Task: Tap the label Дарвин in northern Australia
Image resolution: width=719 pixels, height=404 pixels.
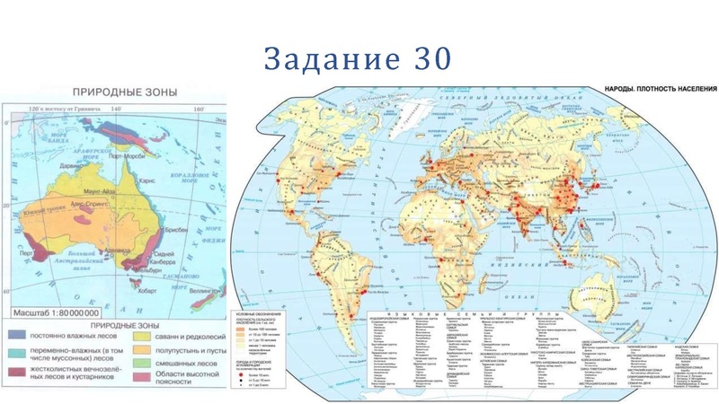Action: (69, 166)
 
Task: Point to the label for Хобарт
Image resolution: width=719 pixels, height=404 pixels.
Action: (150, 290)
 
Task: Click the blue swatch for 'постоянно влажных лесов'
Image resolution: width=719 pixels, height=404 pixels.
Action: (18, 335)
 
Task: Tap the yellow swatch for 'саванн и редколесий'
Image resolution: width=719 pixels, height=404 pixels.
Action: (141, 335)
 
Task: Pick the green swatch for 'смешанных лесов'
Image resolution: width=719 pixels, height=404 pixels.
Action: (141, 364)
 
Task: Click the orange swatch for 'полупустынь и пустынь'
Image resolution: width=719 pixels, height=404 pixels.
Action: (141, 349)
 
